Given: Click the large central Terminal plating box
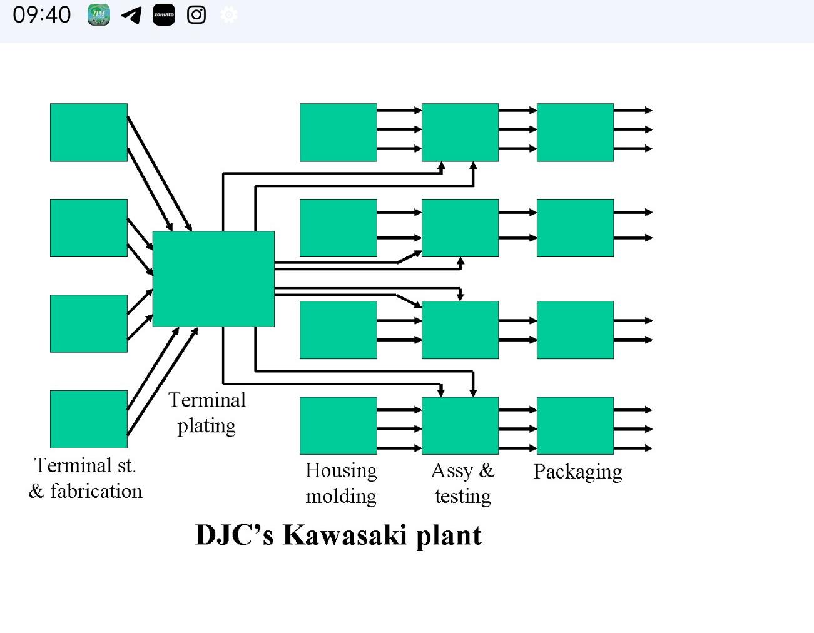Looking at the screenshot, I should point(213,278).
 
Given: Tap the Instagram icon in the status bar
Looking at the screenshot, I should point(196,15).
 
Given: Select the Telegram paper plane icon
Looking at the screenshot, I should point(131,15).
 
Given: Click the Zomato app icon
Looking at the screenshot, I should point(164,15).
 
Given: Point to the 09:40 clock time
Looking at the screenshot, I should point(42,15).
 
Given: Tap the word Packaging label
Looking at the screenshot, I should point(577,472).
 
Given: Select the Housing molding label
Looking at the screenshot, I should point(341,483).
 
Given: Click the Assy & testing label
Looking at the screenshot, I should point(462,483).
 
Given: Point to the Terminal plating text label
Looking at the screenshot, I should point(206,413).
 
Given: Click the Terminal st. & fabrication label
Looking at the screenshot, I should point(86,479).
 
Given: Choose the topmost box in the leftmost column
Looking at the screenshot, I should point(89,133).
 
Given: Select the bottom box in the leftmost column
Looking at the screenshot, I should point(89,419).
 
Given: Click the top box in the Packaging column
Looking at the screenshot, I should point(575,133).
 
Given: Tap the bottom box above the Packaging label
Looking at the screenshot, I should point(575,425).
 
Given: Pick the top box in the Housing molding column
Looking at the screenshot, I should point(338,133).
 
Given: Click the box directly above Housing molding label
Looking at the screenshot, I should point(338,425).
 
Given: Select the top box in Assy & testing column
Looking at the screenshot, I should point(460,133).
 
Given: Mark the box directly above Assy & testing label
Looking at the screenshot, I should point(460,425).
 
